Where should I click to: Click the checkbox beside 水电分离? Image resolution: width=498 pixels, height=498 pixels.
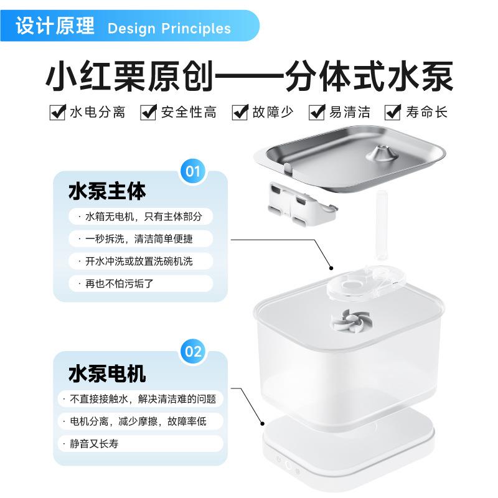click(x=58, y=112)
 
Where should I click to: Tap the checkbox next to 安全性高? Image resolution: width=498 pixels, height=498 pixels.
click(x=148, y=112)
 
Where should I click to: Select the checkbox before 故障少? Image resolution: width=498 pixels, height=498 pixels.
click(x=240, y=112)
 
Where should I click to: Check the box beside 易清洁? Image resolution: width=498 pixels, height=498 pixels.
click(x=318, y=112)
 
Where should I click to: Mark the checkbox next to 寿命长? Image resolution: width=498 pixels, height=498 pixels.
click(x=393, y=112)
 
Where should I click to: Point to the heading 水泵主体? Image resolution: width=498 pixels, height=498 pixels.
click(x=106, y=191)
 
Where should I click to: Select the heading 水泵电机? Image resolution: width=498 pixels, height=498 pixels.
click(x=106, y=374)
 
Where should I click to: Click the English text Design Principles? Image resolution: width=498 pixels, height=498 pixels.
click(x=169, y=29)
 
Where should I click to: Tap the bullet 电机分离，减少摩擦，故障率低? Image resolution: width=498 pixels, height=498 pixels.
click(x=142, y=421)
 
